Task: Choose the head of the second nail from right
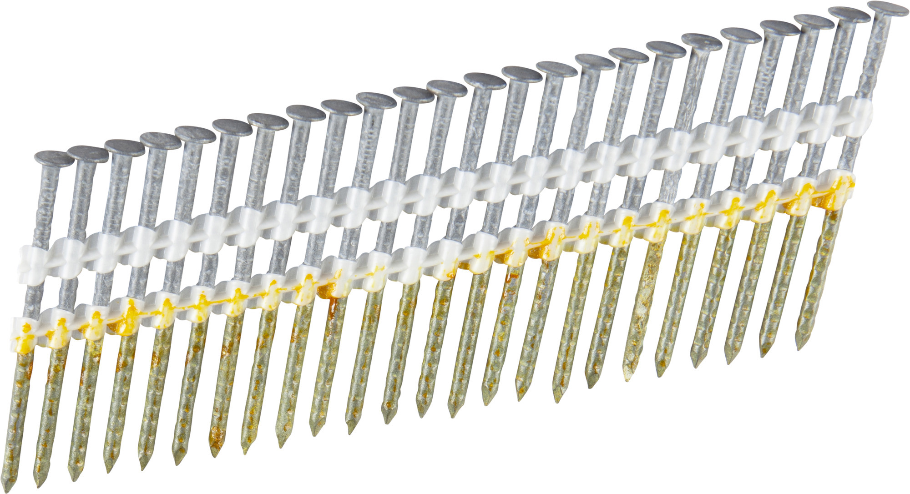[849, 14]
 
